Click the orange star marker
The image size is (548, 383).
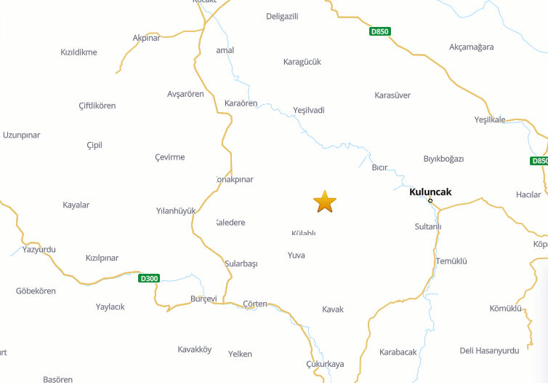click(x=325, y=202)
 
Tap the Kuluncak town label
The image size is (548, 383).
click(x=430, y=192)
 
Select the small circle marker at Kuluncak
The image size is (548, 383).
click(x=430, y=200)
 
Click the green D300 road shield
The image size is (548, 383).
click(x=149, y=278)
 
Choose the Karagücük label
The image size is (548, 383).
click(x=302, y=62)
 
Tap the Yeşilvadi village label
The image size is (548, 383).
click(x=308, y=110)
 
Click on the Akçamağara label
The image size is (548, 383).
click(x=471, y=47)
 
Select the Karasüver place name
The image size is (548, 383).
click(x=392, y=95)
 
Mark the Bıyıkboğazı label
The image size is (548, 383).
click(x=443, y=159)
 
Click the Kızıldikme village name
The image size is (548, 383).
click(x=78, y=52)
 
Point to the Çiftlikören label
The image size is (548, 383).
click(x=97, y=106)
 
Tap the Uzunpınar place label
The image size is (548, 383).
click(x=21, y=135)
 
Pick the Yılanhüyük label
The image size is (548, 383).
click(x=176, y=211)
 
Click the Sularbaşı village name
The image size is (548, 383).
click(x=241, y=264)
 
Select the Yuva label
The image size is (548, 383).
click(x=296, y=256)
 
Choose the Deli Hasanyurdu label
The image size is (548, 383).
click(x=489, y=350)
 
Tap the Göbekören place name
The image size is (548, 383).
click(x=36, y=291)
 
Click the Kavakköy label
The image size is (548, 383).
click(x=194, y=350)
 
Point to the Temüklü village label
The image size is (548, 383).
click(x=451, y=261)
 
